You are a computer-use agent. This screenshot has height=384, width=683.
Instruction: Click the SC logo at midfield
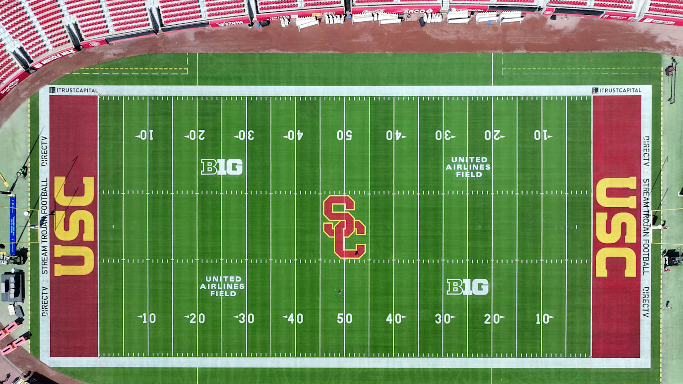tap(344, 227)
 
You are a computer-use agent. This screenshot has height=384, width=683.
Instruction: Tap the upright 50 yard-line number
tap(344, 319)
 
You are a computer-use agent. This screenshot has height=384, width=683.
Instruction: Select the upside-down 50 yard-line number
tap(344, 135)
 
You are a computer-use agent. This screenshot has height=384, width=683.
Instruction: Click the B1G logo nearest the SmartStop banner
tap(222, 167)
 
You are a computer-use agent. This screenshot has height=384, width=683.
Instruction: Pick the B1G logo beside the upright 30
tap(468, 287)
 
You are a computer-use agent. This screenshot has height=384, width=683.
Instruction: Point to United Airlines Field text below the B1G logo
tap(222, 286)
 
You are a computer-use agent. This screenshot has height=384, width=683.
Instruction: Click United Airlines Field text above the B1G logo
tap(468, 167)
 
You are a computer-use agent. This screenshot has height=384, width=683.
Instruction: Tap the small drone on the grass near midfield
tap(339, 292)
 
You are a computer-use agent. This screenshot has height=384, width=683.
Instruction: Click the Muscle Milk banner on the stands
tap(54, 58)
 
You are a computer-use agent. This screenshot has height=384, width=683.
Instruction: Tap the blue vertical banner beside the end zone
tap(13, 225)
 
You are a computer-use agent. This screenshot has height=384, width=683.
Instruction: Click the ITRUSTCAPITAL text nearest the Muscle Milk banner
tap(74, 90)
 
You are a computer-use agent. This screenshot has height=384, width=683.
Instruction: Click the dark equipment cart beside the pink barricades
tap(13, 286)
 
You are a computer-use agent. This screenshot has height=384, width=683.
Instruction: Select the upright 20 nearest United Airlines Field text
tap(194, 319)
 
